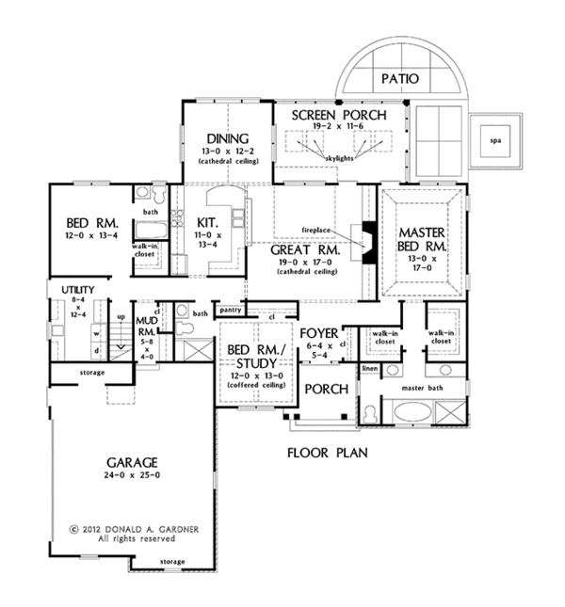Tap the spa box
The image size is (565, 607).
click(x=495, y=142)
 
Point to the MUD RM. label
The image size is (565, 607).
click(x=146, y=326)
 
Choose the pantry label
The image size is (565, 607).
click(x=229, y=310)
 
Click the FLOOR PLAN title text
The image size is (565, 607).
click(x=327, y=453)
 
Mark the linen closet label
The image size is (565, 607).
click(x=369, y=368)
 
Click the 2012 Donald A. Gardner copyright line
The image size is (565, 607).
click(x=134, y=530)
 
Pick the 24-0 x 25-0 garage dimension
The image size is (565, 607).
click(x=133, y=476)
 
